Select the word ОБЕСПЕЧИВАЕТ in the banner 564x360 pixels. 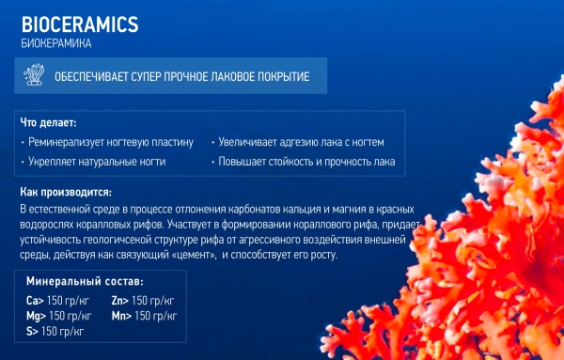click(101, 76)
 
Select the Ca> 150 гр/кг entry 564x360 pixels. click(55, 301)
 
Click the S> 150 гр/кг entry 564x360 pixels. click(55, 331)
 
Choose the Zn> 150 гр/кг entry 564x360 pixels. click(143, 301)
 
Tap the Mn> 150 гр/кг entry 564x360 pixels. click(144, 316)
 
